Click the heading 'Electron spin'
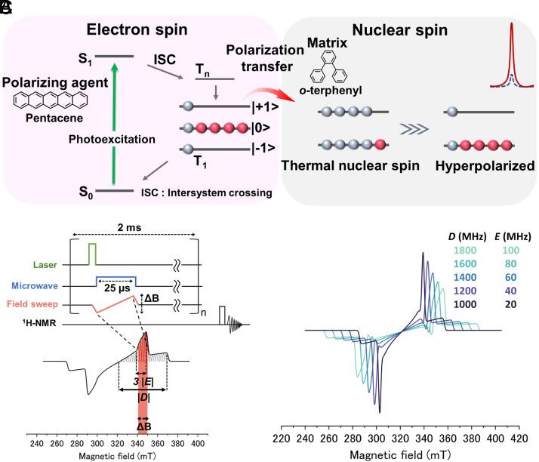tap(137, 32)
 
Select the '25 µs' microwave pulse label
tap(113, 289)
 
